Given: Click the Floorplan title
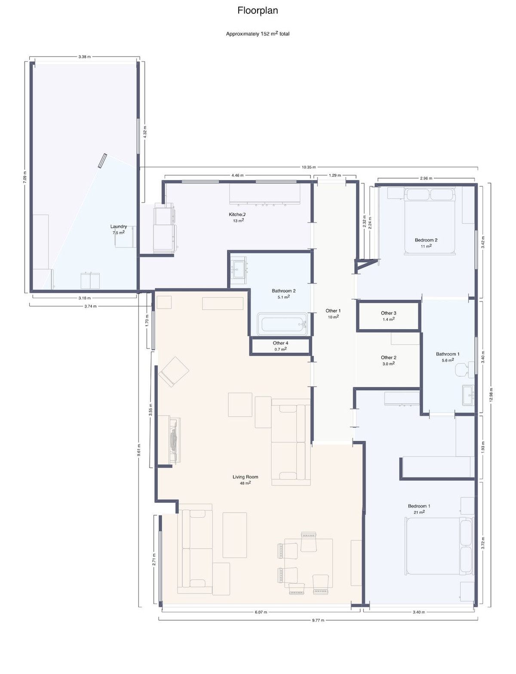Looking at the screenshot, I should coord(258,11).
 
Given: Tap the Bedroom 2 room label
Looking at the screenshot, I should coord(426,240).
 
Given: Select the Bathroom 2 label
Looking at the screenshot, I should coord(283,291).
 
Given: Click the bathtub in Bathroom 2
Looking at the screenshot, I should coord(283,324).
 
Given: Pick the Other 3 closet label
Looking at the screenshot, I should coord(388,313).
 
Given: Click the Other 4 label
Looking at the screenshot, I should coord(280,343).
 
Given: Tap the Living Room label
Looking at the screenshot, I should coord(245,477).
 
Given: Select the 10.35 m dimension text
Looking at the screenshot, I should coord(309,167).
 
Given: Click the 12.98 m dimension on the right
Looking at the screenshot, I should coord(491,394).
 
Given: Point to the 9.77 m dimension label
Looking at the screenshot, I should coord(318,620).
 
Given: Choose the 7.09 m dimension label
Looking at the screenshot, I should coord(25,177).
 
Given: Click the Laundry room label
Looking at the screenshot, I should coord(118,227).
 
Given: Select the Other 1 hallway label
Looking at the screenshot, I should coord(333,311).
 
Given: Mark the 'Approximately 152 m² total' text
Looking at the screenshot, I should coord(258,34).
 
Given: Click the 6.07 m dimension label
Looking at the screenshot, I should coord(261,612).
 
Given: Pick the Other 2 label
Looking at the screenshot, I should coord(388,357).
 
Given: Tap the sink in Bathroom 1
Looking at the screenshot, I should coord(468,394).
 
